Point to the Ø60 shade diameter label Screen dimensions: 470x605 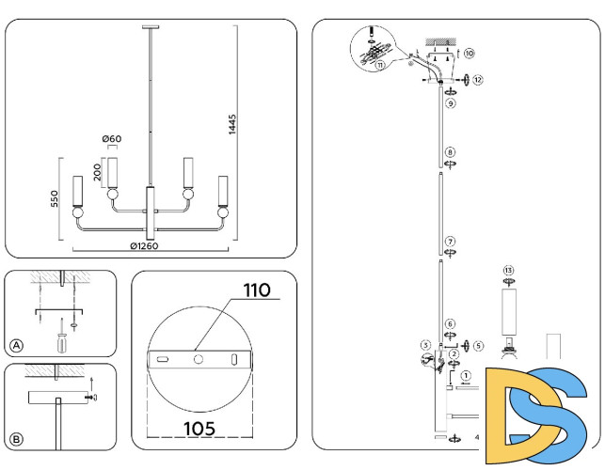(x=112, y=140)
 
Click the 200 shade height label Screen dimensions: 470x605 (x=96, y=172)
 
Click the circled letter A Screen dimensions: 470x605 (x=16, y=346)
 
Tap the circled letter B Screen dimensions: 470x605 (x=16, y=439)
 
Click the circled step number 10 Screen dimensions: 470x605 (x=469, y=54)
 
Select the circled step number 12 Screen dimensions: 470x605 (x=477, y=81)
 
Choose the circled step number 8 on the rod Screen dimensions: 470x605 (x=451, y=151)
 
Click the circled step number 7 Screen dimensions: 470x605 (x=451, y=241)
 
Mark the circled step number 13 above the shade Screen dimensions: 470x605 (x=509, y=271)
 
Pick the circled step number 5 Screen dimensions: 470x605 (x=478, y=345)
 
